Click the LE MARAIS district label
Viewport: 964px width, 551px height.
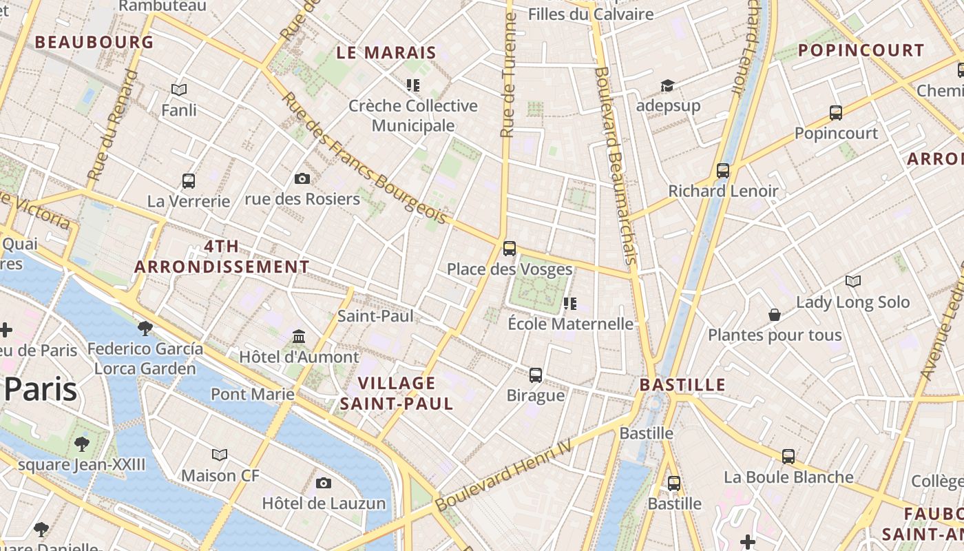pyautogui.click(x=386, y=52)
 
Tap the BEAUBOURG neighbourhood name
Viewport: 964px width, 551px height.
pyautogui.click(x=94, y=42)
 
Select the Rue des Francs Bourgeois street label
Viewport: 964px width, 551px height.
pyautogui.click(x=364, y=158)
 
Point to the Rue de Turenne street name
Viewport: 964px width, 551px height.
pyautogui.click(x=509, y=76)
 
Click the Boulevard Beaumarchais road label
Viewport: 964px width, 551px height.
pyautogui.click(x=614, y=165)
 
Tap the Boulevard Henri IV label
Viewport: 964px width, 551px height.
pyautogui.click(x=504, y=475)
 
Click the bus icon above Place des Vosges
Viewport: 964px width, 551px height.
pyautogui.click(x=510, y=249)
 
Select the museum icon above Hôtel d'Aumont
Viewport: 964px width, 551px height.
pyautogui.click(x=299, y=337)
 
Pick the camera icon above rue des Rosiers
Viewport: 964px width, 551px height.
pyautogui.click(x=302, y=179)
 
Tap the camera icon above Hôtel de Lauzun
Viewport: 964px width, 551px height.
pyautogui.click(x=324, y=483)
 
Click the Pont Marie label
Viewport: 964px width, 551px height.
pyautogui.click(x=253, y=395)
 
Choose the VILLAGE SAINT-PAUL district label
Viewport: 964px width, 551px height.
pyautogui.click(x=397, y=393)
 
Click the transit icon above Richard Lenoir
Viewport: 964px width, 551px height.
pyautogui.click(x=723, y=171)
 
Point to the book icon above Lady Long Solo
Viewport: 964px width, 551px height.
pyautogui.click(x=853, y=281)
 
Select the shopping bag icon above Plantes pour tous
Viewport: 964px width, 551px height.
pyautogui.click(x=775, y=315)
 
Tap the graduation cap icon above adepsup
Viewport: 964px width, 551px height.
pyautogui.click(x=667, y=85)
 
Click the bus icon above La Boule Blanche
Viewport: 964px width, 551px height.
pyautogui.click(x=788, y=456)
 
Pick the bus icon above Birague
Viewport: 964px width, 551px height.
pyautogui.click(x=536, y=375)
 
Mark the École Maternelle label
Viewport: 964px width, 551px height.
pyautogui.click(x=570, y=324)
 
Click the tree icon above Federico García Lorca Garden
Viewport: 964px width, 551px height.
pyautogui.click(x=145, y=328)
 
